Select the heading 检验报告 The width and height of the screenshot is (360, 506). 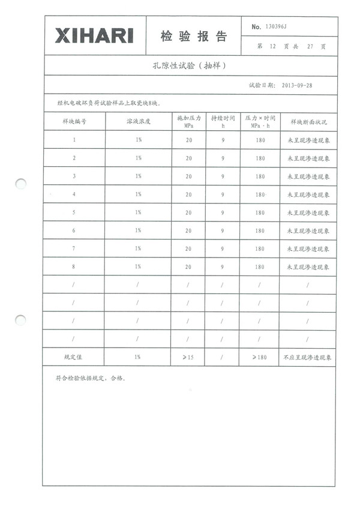(193, 37)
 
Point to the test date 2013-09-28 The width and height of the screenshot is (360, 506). (296, 85)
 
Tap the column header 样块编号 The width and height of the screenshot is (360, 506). (74, 121)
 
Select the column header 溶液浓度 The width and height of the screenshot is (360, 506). (138, 121)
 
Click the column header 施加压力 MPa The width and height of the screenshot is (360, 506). (188, 121)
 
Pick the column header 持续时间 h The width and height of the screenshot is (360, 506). (223, 121)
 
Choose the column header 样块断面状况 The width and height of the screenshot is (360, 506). (308, 121)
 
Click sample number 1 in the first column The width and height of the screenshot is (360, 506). (74, 140)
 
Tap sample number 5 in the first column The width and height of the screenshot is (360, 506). (74, 212)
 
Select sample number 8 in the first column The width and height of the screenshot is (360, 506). (74, 267)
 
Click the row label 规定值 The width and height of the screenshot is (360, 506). (74, 357)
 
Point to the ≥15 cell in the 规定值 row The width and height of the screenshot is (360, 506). (188, 357)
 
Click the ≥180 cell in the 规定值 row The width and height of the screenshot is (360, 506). (259, 357)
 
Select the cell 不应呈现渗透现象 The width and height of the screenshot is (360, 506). (308, 357)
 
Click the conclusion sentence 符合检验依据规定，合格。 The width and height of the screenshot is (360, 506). (89, 379)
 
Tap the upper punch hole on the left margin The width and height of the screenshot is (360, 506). (21, 184)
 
